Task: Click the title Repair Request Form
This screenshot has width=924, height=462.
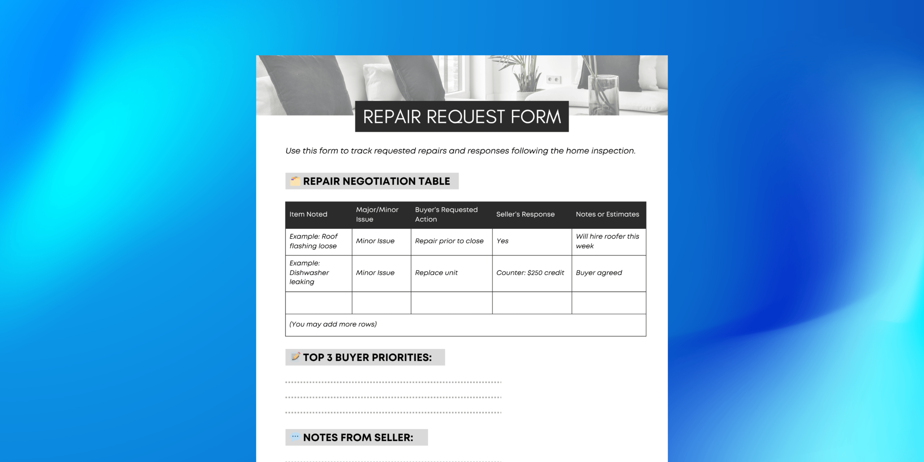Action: pyautogui.click(x=462, y=117)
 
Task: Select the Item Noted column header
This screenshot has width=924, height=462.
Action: pyautogui.click(x=308, y=214)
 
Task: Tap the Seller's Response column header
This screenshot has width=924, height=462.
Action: pyautogui.click(x=525, y=214)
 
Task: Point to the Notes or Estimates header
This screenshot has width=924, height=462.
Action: pyautogui.click(x=607, y=214)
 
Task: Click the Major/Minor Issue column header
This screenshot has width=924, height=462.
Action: pyautogui.click(x=377, y=214)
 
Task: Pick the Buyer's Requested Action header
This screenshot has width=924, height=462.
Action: pyautogui.click(x=446, y=214)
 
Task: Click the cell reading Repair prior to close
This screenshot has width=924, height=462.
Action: pyautogui.click(x=449, y=241)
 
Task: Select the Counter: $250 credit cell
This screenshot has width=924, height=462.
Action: pyautogui.click(x=530, y=273)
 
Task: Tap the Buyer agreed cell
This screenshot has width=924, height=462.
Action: pyautogui.click(x=599, y=273)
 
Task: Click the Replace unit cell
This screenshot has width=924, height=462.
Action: pyautogui.click(x=436, y=273)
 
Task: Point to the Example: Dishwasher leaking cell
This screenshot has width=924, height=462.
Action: pyautogui.click(x=309, y=273)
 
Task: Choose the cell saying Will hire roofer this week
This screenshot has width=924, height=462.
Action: pyautogui.click(x=607, y=241)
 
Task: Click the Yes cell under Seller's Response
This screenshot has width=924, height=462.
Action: pyautogui.click(x=502, y=241)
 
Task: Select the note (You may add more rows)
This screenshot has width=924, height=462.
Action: pyautogui.click(x=333, y=324)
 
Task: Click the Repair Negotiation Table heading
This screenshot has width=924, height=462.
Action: pyautogui.click(x=376, y=181)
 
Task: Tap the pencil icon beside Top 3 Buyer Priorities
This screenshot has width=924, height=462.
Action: pyautogui.click(x=295, y=357)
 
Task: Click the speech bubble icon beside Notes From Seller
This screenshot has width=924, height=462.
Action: pyautogui.click(x=295, y=437)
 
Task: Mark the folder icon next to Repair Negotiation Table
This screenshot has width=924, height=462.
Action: pyautogui.click(x=295, y=181)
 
